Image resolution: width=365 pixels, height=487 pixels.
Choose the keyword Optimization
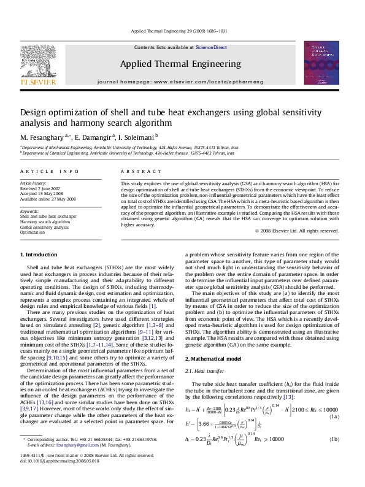tap(33, 232)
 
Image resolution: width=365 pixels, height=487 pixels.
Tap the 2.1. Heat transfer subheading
tap(202, 371)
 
